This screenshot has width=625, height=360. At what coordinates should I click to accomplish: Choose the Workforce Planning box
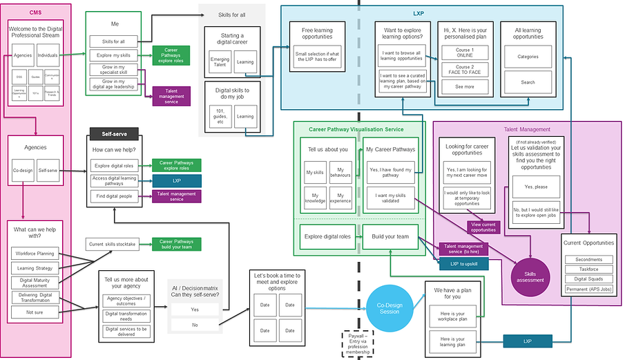point(35,254)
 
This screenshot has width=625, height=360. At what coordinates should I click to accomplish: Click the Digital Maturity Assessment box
point(35,282)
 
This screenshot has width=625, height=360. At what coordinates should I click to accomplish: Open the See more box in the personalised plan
point(464,86)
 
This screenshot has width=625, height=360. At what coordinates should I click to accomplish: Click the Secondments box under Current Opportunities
point(588,259)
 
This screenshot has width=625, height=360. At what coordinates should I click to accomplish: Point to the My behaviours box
point(340,171)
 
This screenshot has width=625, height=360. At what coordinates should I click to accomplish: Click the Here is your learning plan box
point(452,340)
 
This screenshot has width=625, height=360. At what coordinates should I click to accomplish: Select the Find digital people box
point(113,197)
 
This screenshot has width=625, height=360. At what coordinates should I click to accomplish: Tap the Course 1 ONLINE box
point(464,53)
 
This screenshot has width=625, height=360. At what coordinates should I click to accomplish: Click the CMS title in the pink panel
point(35,13)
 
